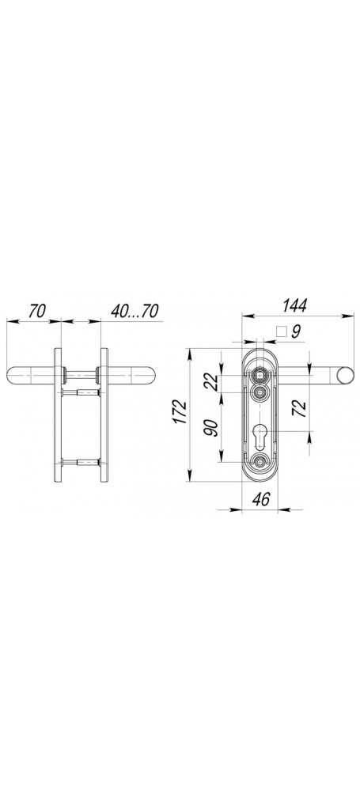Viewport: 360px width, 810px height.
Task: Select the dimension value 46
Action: tap(261, 499)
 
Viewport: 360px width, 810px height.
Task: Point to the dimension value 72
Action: tap(300, 408)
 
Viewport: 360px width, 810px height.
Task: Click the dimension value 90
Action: tap(211, 428)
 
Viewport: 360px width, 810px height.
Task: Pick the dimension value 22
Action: tap(211, 383)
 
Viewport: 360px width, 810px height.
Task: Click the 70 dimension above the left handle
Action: tap(37, 310)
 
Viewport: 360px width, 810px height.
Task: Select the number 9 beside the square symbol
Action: tap(295, 331)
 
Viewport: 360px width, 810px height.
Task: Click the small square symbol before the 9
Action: tap(281, 331)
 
